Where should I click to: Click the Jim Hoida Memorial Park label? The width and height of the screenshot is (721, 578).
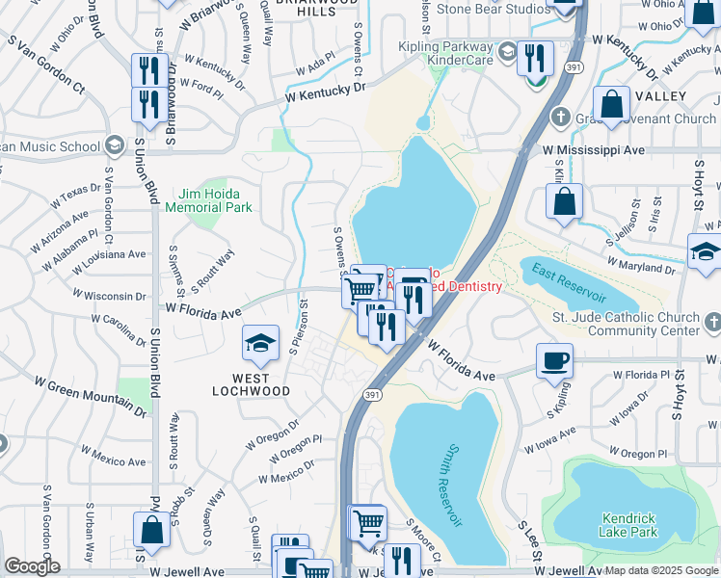click(208, 200)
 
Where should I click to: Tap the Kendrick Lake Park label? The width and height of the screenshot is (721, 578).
click(629, 524)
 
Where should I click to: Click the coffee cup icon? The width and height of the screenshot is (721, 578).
click(555, 361)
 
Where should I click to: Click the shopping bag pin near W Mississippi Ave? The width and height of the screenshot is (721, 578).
click(565, 202)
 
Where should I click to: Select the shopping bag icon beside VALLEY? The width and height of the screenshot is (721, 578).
click(611, 106)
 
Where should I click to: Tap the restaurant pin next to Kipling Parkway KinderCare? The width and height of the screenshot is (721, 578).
click(531, 59)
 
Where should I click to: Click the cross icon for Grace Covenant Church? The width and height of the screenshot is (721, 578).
click(558, 118)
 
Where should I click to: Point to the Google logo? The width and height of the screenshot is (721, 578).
click(32, 566)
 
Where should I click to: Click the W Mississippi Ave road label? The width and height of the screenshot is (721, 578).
click(593, 151)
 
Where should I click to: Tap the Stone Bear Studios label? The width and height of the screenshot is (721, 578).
click(494, 9)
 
